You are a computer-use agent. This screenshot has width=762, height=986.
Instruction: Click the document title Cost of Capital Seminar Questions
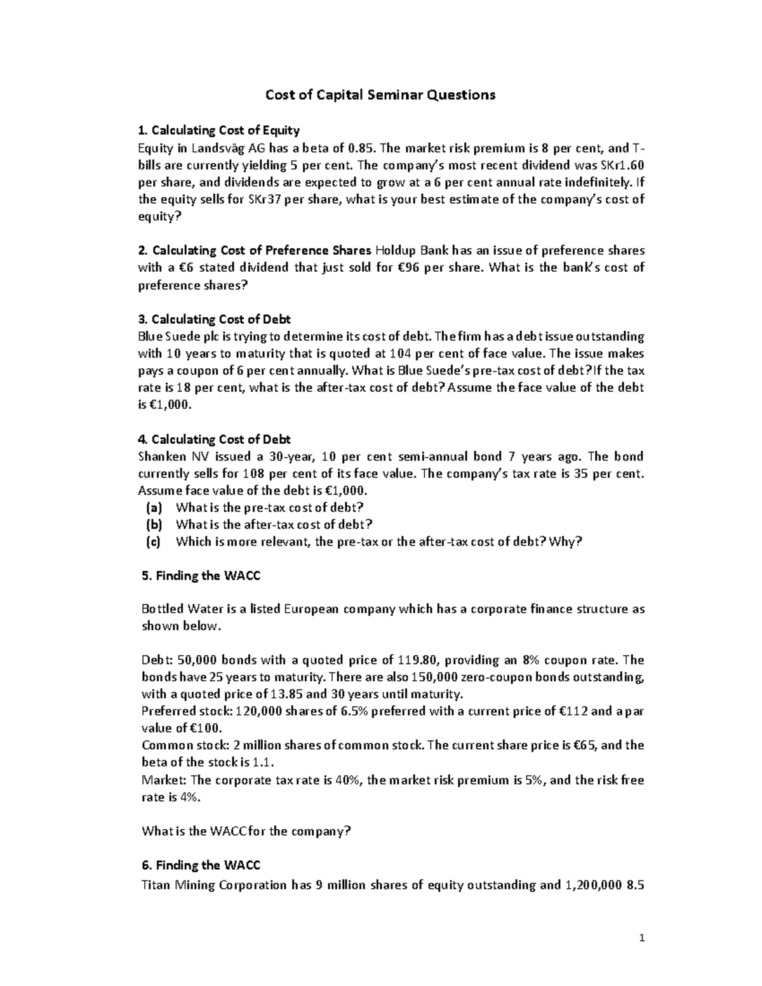380,95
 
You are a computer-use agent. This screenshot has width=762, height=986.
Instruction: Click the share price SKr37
220,199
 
